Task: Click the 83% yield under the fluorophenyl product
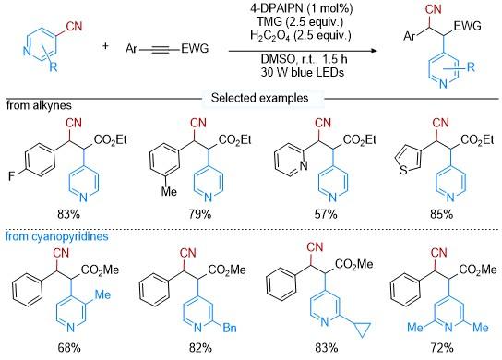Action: click(x=68, y=214)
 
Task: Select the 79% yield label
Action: click(x=199, y=214)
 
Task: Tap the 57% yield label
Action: click(x=326, y=214)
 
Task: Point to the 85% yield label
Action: click(x=442, y=214)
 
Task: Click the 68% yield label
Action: click(x=69, y=347)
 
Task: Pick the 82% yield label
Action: click(x=200, y=347)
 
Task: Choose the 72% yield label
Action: click(x=442, y=347)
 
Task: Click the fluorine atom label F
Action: click(x=11, y=176)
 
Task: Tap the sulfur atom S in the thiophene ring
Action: click(x=404, y=171)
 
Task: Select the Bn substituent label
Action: click(x=230, y=328)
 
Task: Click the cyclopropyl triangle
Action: click(x=363, y=329)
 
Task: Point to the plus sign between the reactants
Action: click(x=105, y=46)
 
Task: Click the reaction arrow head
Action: click(x=375, y=51)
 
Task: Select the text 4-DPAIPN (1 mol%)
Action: click(x=301, y=8)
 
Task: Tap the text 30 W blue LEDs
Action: click(x=303, y=72)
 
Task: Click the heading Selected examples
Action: click(x=259, y=98)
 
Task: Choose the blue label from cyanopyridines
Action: click(x=57, y=236)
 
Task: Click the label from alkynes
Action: click(x=39, y=105)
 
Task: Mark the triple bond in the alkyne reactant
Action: click(x=160, y=50)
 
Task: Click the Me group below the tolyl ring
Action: click(x=169, y=192)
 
